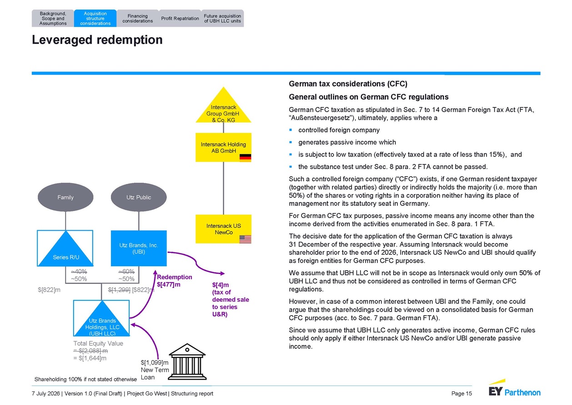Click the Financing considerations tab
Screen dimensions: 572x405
(138, 18)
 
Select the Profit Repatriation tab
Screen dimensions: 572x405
(180, 18)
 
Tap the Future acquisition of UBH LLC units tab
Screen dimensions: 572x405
(222, 18)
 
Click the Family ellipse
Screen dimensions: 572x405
(65, 197)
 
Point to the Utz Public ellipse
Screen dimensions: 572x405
(139, 197)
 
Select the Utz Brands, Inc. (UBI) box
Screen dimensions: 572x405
(139, 248)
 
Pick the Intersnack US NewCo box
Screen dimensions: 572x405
(223, 229)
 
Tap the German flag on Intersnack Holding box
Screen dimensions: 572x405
(245, 158)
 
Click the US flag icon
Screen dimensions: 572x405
(245, 239)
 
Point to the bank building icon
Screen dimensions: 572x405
(187, 362)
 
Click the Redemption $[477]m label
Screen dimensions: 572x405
(175, 281)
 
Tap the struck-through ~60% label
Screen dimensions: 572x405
(126, 271)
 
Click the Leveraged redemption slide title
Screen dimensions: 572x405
(97, 40)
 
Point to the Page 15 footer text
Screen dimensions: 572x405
(462, 394)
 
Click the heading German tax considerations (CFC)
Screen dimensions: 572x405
(348, 84)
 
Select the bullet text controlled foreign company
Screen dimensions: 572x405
(339, 130)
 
